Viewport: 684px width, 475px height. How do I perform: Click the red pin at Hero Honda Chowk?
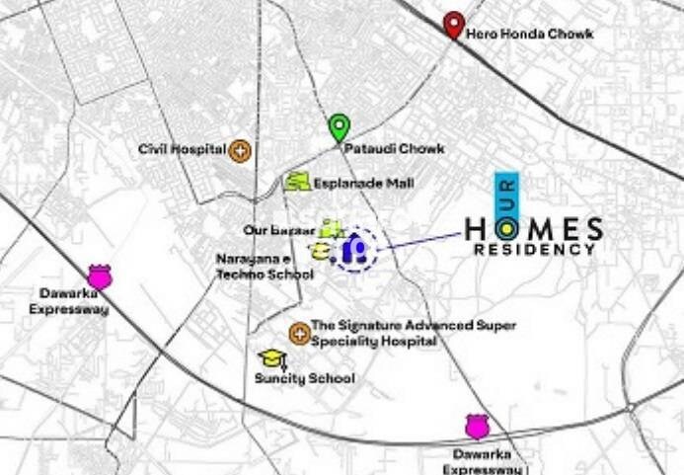(453, 24)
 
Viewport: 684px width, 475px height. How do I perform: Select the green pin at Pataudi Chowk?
(340, 127)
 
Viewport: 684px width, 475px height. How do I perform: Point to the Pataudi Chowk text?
(394, 149)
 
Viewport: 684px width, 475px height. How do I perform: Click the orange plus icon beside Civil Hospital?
(240, 151)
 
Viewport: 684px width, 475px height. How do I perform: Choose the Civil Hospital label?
(182, 150)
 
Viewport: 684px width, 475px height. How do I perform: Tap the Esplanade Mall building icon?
(297, 182)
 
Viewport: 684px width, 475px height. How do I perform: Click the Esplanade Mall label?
(363, 183)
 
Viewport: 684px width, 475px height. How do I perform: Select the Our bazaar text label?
(279, 230)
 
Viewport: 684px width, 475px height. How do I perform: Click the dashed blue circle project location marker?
(353, 250)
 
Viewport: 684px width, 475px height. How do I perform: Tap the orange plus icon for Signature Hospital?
(298, 333)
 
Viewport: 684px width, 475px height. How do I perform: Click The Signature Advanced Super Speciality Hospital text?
(414, 333)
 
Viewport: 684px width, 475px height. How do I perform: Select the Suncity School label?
(305, 378)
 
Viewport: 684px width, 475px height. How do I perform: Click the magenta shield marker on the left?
(100, 276)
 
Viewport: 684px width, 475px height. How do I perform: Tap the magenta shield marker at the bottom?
(478, 426)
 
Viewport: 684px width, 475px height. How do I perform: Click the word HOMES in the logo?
(533, 230)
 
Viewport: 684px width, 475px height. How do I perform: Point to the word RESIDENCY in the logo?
(534, 250)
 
